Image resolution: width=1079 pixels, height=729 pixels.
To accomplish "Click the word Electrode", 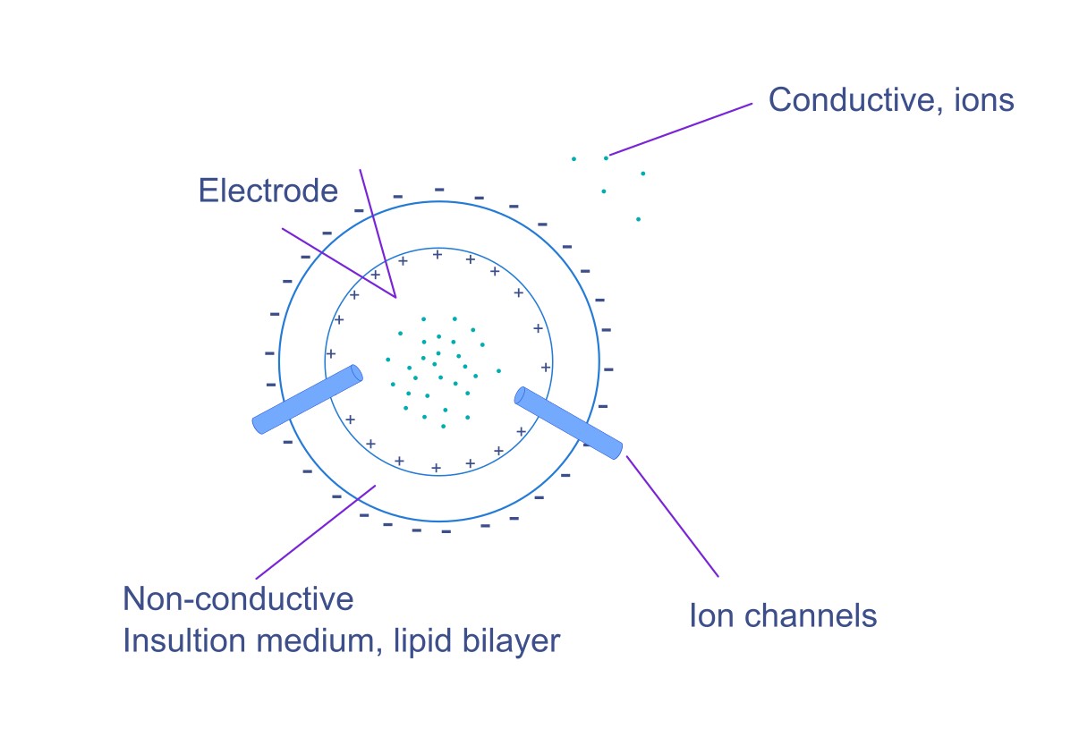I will (x=268, y=191).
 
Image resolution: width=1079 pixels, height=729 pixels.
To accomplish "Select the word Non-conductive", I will (x=238, y=598).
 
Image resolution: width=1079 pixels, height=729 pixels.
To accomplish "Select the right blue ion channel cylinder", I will (x=568, y=423).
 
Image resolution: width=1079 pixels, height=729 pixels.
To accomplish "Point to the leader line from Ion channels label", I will (x=672, y=515).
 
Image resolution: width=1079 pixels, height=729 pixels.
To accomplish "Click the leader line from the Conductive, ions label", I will (x=680, y=129).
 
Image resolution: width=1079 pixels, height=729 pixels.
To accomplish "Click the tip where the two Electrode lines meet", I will (x=395, y=297).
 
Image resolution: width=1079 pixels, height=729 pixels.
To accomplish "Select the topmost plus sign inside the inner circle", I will (x=437, y=255).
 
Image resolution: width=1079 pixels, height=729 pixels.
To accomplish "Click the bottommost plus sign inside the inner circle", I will (x=436, y=468).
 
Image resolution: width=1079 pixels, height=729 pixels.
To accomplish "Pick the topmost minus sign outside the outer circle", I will (x=438, y=189).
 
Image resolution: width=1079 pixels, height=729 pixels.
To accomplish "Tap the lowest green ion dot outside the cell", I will (x=638, y=219).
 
